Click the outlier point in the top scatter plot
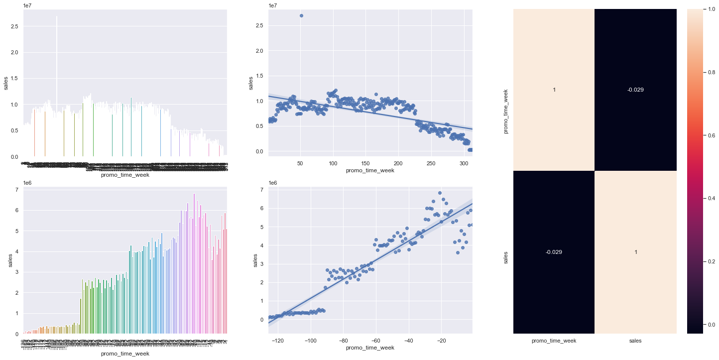[301, 15]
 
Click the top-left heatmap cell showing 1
[554, 90]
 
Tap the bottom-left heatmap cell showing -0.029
[554, 252]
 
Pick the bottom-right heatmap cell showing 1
[636, 252]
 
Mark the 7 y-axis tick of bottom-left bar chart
[17, 190]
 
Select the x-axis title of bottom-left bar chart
[124, 354]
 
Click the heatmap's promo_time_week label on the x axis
[554, 341]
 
